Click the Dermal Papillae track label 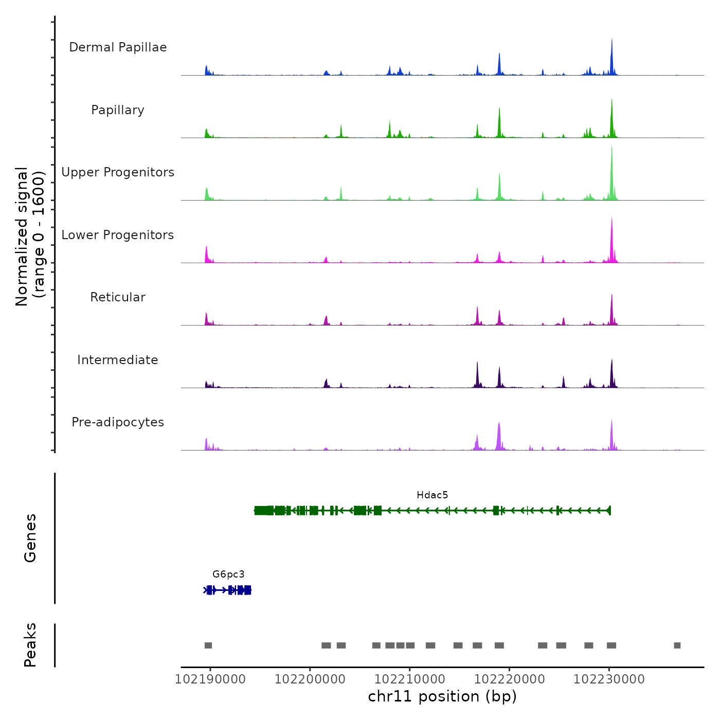(x=118, y=47)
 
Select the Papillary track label (x=118, y=110)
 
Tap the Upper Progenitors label (x=118, y=172)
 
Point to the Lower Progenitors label (x=118, y=235)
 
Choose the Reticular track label (x=118, y=297)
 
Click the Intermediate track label (x=118, y=360)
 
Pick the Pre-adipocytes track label (x=118, y=422)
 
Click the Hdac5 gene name (x=432, y=495)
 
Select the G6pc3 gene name (x=228, y=574)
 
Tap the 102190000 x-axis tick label (x=210, y=679)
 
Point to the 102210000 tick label (x=410, y=679)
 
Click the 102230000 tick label (x=609, y=679)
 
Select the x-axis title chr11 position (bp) (x=442, y=696)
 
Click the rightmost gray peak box (x=677, y=645)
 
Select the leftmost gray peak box (x=208, y=645)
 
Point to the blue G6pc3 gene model (x=227, y=590)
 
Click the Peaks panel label (x=30, y=645)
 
